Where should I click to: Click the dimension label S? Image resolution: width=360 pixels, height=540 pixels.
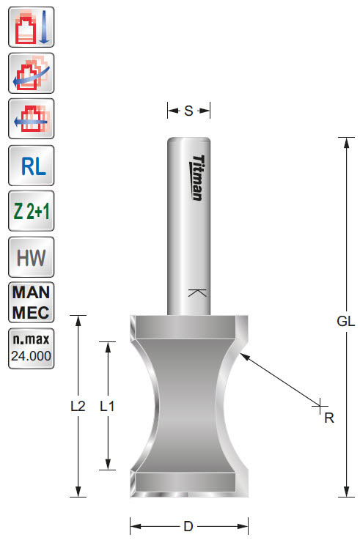click(x=188, y=111)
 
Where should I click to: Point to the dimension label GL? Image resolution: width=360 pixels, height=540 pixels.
click(x=345, y=321)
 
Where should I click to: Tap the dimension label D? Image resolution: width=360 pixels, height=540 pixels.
click(x=188, y=525)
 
